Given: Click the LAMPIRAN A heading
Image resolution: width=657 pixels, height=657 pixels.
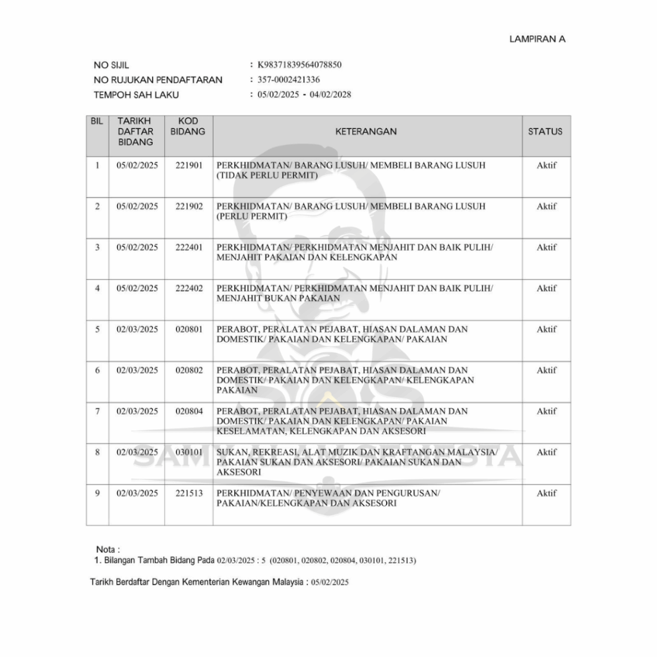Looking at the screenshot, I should (537, 39).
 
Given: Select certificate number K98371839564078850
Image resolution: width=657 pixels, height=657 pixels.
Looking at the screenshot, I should (299, 65).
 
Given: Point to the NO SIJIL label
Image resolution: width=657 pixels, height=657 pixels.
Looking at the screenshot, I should (111, 65).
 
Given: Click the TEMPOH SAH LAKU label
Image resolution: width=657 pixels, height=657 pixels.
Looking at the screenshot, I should (136, 95).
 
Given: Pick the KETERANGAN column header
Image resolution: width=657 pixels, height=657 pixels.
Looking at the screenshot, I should (366, 132).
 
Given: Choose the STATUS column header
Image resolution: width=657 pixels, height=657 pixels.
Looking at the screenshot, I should (545, 132).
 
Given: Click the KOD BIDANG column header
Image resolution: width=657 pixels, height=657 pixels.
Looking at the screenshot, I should (189, 126).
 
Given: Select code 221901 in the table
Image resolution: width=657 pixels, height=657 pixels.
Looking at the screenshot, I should (189, 166).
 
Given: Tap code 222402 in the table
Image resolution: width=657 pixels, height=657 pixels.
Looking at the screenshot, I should (189, 289).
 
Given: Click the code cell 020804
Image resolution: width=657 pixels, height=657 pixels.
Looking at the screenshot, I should (189, 411).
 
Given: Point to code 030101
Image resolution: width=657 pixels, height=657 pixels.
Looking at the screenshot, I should (189, 452).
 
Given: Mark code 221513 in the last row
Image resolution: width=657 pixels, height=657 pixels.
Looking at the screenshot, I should (189, 493).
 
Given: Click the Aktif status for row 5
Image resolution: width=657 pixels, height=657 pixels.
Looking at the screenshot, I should (546, 330).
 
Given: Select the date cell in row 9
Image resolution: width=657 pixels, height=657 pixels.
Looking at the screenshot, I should (137, 493).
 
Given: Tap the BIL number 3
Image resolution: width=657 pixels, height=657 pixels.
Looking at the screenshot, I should (98, 248).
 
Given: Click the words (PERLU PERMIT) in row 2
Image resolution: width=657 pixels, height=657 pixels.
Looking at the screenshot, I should (252, 216).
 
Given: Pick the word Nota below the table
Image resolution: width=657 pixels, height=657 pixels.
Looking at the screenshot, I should (106, 550).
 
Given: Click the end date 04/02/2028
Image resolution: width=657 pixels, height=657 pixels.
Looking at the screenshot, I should (330, 95).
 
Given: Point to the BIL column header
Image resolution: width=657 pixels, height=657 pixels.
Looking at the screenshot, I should (98, 121).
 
